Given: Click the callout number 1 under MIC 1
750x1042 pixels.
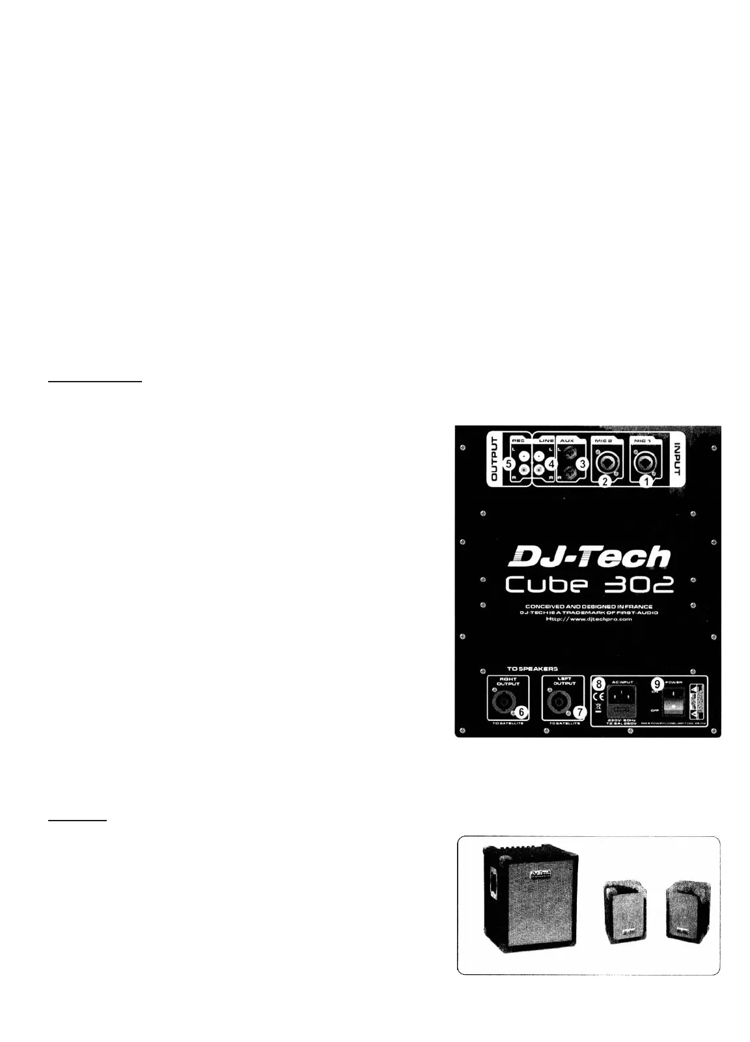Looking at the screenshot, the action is tap(646, 482).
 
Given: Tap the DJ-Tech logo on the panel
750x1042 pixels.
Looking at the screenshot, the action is tap(589, 558).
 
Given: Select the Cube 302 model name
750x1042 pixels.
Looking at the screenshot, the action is tap(589, 586).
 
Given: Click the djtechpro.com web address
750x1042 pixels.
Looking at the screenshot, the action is tap(589, 619).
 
